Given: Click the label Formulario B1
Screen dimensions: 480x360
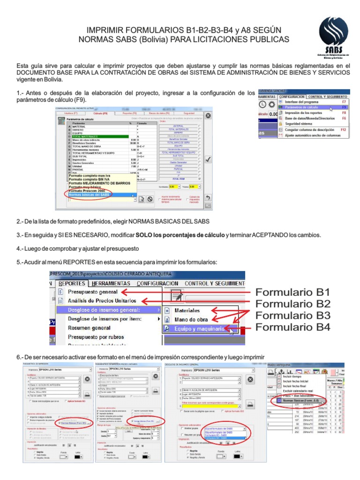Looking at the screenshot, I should coord(292,292).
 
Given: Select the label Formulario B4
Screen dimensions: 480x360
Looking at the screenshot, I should coord(292,326).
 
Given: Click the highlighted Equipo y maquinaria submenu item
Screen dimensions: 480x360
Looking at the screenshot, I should coord(199,329).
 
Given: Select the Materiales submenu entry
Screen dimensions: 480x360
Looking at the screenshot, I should coord(190,310).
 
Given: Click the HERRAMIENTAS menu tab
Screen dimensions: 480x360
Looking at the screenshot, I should coord(111,283).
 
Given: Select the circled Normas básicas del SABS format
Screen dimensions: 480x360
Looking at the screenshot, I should coord(89,194).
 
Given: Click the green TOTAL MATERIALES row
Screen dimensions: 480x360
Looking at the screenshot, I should coord(98,136).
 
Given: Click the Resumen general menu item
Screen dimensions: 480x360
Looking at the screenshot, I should coord(90,328).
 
